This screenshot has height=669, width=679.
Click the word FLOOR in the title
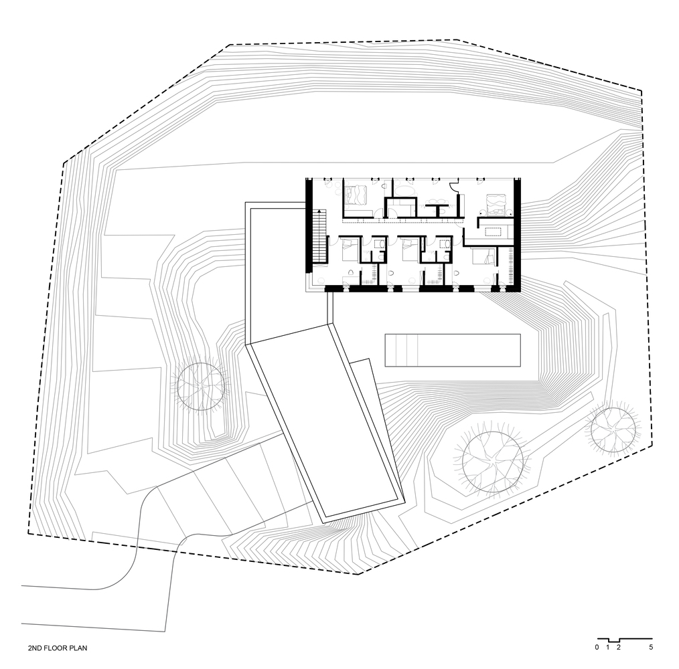click(x=55, y=648)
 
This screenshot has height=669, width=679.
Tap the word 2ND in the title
click(x=35, y=648)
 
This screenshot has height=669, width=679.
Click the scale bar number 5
click(x=651, y=648)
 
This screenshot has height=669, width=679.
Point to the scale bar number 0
click(x=597, y=648)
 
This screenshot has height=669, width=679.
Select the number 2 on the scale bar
click(x=618, y=648)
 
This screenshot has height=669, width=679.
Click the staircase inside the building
click(x=319, y=236)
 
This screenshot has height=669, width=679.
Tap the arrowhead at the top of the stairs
click(x=319, y=211)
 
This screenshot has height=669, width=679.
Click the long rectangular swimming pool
click(x=453, y=350)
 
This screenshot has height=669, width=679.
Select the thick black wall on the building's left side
click(x=309, y=225)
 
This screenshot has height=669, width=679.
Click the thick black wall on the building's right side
click(x=516, y=233)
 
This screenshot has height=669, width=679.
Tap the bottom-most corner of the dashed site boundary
click(x=358, y=575)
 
